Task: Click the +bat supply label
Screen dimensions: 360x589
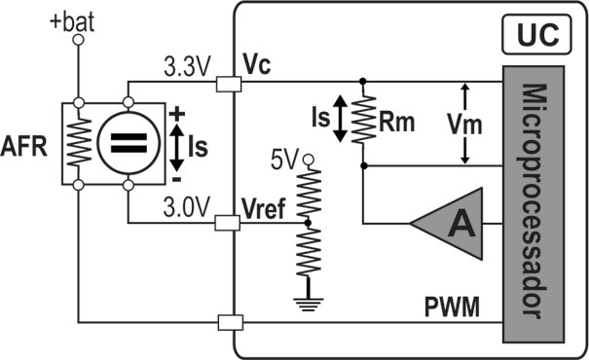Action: pos(74,20)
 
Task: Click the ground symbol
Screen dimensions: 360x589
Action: pos(309,298)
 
